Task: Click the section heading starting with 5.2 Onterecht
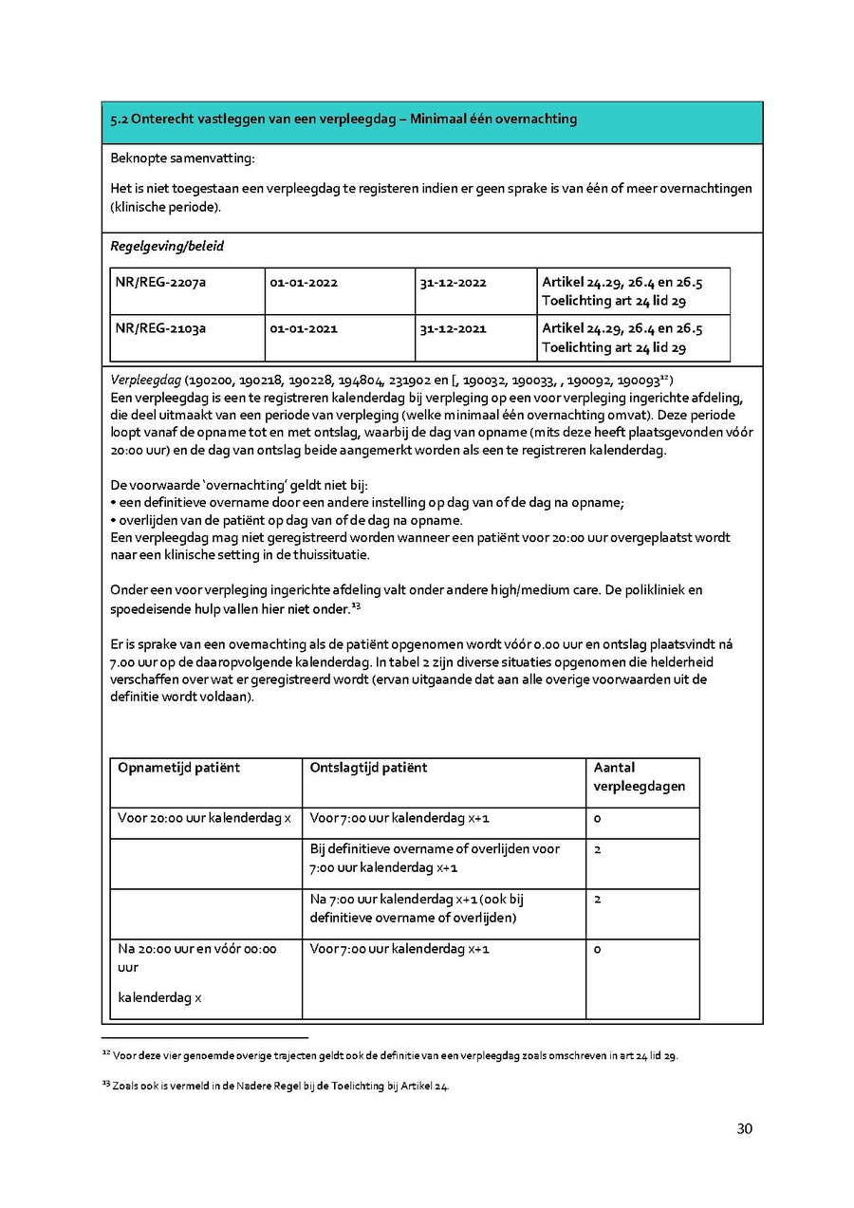(343, 120)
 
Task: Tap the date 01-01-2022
(304, 283)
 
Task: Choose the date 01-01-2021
(304, 329)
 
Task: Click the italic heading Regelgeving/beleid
(167, 247)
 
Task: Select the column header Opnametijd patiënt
(178, 768)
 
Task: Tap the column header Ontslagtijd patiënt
(368, 768)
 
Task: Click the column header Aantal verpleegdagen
(639, 777)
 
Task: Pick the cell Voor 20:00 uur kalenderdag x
(204, 818)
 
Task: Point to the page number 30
(744, 1129)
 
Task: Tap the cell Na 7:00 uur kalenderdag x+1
(417, 908)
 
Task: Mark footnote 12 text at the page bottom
(394, 1055)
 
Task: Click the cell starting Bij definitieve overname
(435, 858)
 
